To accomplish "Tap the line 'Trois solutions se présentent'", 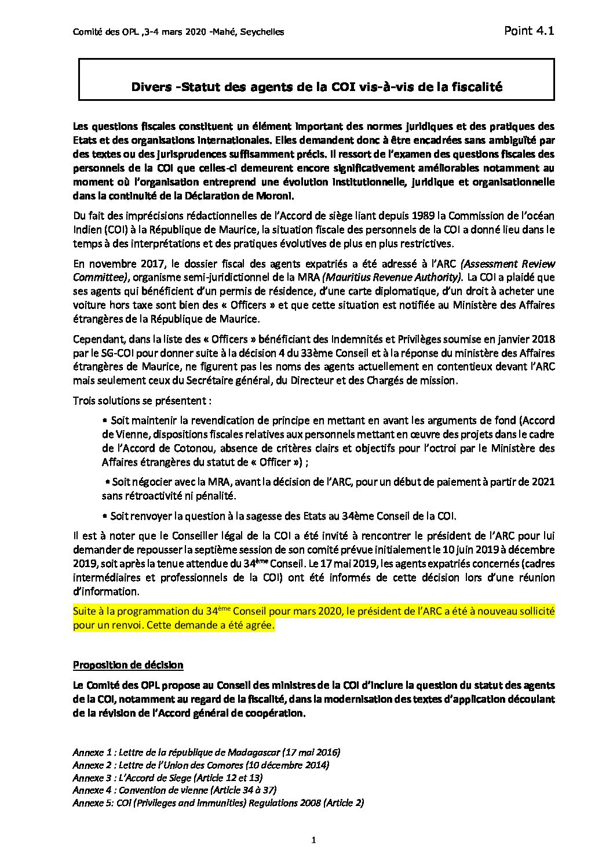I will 142,401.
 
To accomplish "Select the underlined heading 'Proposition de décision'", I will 127,664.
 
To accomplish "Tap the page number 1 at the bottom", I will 313,839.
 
